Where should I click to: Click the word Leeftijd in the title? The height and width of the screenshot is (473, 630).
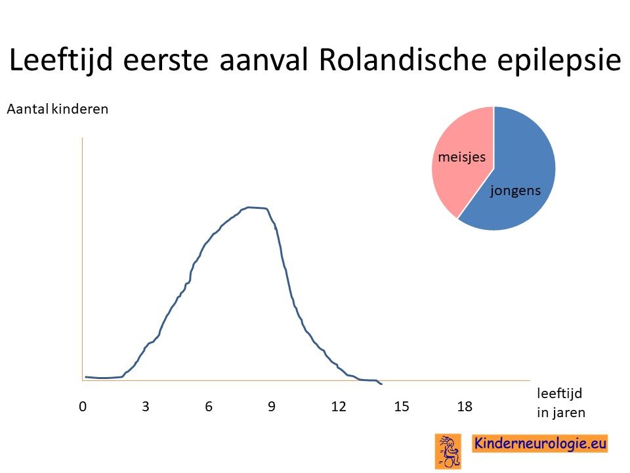(60, 60)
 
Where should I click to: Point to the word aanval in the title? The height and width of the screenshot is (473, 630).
(264, 60)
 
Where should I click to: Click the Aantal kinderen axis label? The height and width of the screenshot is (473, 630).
(58, 109)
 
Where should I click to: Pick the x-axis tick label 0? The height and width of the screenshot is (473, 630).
(83, 407)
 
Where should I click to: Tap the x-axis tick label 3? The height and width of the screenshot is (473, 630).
(146, 407)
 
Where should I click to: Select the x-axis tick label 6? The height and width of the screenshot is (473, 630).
(209, 407)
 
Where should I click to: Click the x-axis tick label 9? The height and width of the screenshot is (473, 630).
(272, 407)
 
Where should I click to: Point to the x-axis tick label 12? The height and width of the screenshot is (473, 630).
(339, 407)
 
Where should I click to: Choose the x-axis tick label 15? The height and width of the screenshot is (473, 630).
(402, 407)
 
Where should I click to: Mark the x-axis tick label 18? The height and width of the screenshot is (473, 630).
(465, 407)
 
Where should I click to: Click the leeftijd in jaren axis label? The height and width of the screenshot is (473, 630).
(561, 403)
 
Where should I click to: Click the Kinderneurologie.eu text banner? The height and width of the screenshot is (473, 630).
(539, 443)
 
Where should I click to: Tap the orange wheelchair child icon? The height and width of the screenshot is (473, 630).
(448, 451)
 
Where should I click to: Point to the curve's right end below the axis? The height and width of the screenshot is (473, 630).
(381, 384)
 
